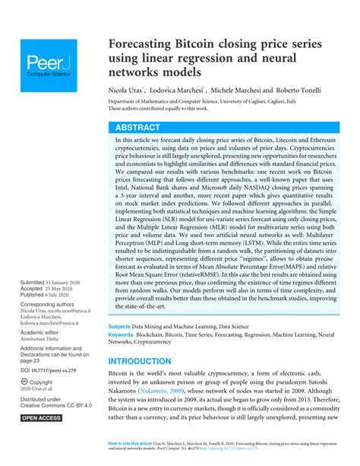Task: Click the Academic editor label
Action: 43,332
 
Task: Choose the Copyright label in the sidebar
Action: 42,382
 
